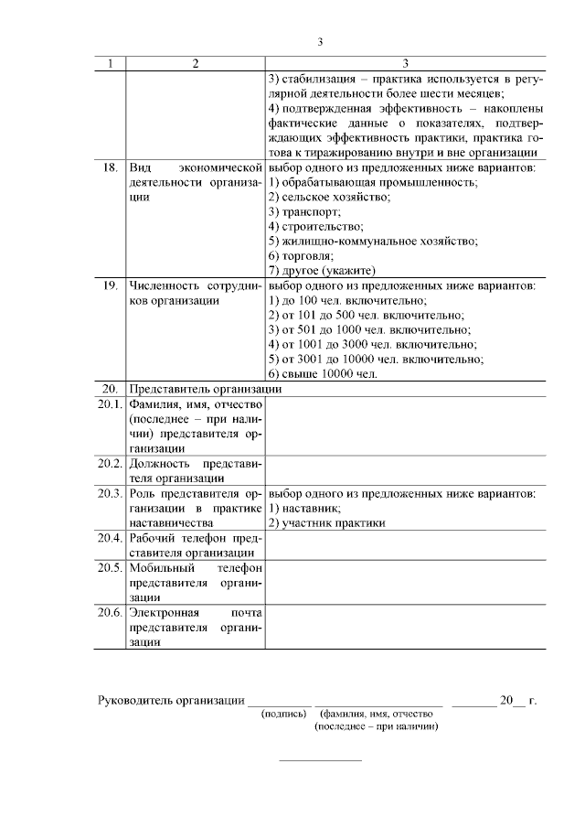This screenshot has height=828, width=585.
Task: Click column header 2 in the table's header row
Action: point(195,64)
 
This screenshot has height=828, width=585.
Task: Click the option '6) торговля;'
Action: point(301,255)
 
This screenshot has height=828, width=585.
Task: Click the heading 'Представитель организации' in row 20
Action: point(206,389)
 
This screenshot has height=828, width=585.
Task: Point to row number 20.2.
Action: point(110,463)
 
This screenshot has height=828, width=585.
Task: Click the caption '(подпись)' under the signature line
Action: point(283,714)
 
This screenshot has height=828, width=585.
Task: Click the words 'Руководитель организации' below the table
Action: point(171,701)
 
